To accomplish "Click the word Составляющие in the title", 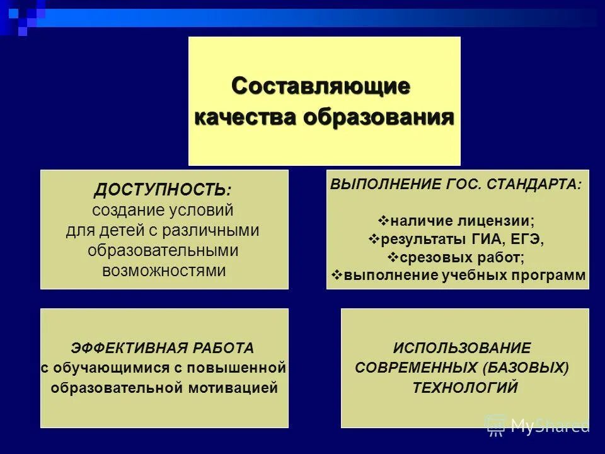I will (x=321, y=86).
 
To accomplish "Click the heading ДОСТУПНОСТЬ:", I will (x=163, y=190).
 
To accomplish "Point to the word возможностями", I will (x=163, y=271).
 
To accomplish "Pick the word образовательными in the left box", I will (x=163, y=251).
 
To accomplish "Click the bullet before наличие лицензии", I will (x=383, y=221).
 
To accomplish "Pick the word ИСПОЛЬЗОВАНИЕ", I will (x=462, y=347).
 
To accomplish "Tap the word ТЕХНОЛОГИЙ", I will (x=465, y=387).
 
